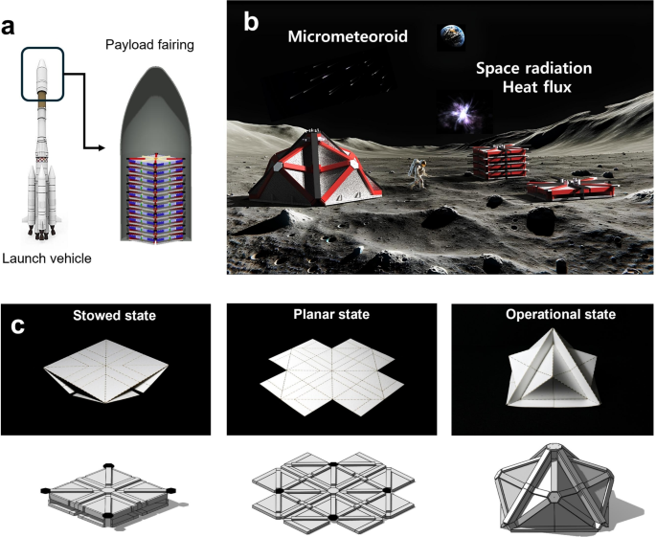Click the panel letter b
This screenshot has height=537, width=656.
251,19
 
